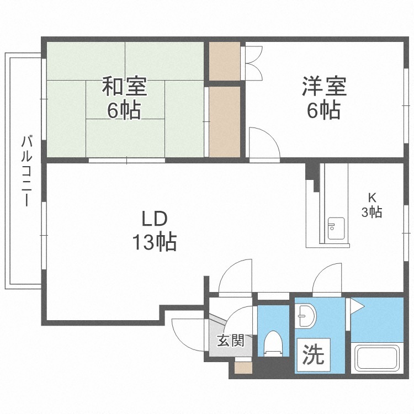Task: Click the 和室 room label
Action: pos(124,87)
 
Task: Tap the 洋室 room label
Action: pos(324,86)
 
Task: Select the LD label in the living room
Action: pos(155,219)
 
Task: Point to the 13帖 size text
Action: pos(155,242)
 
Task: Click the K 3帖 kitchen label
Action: pos(371,205)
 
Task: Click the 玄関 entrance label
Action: pos(231,341)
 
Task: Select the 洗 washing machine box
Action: pos(313,355)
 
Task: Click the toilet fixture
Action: pos(273,344)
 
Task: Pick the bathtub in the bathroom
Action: pos(377,358)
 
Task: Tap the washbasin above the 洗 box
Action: pos(305,316)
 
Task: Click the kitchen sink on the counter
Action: pos(336,229)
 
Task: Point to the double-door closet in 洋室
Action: pos(252,63)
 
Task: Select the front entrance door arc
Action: pos(188,335)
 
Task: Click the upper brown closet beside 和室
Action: pos(225,61)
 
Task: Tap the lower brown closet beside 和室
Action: pos(225,122)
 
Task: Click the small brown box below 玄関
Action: pos(243,368)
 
